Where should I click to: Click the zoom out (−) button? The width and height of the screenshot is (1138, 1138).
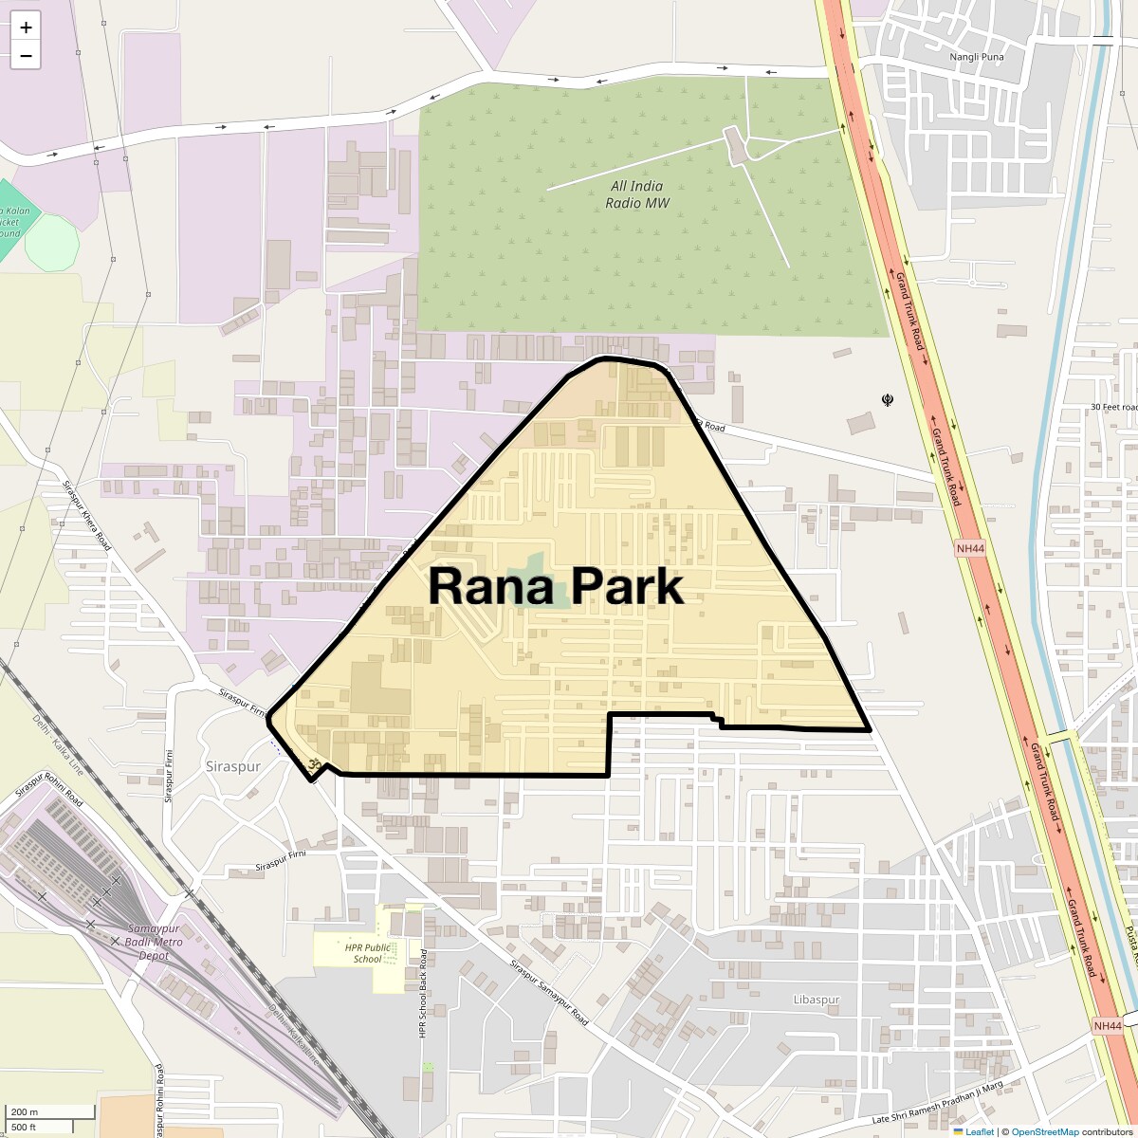click(x=26, y=56)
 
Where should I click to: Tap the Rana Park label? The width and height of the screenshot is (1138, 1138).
click(x=556, y=586)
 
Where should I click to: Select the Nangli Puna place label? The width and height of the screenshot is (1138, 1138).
click(x=976, y=57)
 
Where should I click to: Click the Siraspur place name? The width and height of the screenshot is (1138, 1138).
click(x=232, y=764)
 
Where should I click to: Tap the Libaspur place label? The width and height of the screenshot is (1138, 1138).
click(x=817, y=1000)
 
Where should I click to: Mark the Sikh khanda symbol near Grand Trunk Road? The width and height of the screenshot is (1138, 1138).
click(x=888, y=400)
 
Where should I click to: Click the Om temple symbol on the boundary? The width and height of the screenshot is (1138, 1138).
click(x=313, y=763)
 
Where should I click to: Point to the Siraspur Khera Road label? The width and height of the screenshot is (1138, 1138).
click(x=86, y=516)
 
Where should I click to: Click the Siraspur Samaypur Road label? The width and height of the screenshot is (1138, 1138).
click(x=549, y=994)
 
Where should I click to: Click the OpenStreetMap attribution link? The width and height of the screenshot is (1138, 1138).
click(x=1044, y=1131)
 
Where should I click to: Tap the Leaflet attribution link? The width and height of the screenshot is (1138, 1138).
click(x=979, y=1131)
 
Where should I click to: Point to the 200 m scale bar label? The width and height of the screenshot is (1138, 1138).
click(x=26, y=1111)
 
